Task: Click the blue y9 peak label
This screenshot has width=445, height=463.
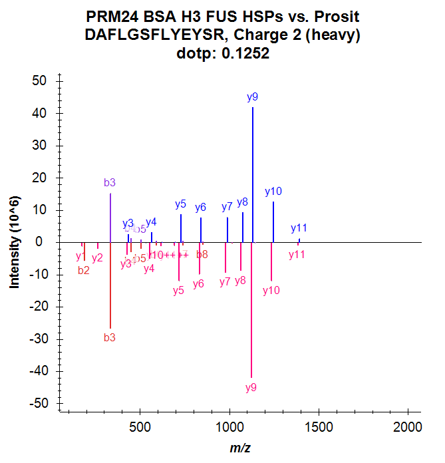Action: pos(252,97)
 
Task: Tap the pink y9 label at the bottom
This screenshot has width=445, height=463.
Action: pos(251,387)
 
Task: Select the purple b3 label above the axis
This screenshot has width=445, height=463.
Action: pos(110,183)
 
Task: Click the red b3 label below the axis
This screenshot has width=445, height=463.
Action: pos(110,338)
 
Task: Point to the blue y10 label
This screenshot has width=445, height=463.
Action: pos(273,192)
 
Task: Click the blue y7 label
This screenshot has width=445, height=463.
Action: pos(227,206)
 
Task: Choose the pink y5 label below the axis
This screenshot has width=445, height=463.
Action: pos(178,291)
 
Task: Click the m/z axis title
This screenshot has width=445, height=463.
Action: pos(240,448)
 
